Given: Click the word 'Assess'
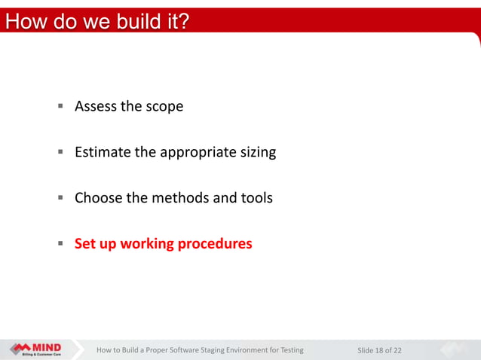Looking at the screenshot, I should click(96, 106).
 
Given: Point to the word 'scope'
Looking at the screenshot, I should click(164, 106).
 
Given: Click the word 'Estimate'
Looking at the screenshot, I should click(103, 152).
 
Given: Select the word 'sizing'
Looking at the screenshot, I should click(258, 153).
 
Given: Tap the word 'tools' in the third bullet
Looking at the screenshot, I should click(256, 198).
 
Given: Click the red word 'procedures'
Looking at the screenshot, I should click(215, 244).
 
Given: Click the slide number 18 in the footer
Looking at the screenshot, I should click(379, 350).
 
